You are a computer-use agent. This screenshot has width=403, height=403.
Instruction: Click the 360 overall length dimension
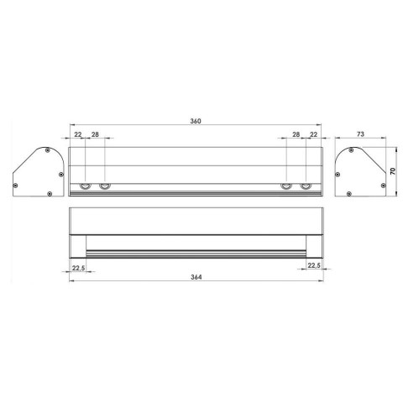pos(196,121)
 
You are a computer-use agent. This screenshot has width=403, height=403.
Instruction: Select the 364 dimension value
pos(196,277)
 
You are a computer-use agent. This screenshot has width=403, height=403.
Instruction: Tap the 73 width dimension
pos(360,134)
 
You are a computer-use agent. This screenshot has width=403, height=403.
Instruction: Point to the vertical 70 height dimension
pos(393,171)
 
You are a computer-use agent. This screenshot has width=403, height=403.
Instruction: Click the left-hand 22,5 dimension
pos(78,268)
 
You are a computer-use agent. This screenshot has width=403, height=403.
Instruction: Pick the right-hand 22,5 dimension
pos(314,265)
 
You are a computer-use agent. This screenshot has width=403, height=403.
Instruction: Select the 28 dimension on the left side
pos(95,134)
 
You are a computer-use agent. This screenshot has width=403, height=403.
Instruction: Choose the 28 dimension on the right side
pos(296,134)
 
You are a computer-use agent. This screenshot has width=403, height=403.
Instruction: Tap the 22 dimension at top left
pos(78,134)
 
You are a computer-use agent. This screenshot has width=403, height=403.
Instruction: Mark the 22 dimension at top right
pos(314,134)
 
